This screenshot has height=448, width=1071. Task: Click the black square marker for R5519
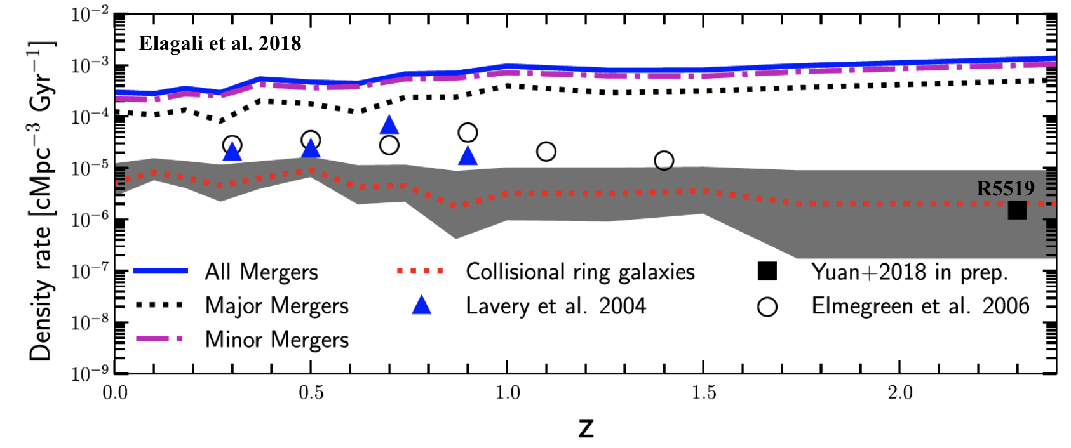coord(1016,210)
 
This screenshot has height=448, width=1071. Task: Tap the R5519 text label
coord(1005,188)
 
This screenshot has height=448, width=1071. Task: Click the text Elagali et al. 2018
coord(220,43)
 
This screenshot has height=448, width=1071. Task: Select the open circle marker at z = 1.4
coord(664,161)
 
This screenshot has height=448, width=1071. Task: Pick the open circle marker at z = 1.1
coord(546,152)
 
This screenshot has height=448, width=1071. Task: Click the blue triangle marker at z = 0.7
coord(389,125)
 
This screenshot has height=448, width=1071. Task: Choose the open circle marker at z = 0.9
coord(468,133)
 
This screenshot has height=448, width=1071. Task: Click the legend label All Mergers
coord(261,272)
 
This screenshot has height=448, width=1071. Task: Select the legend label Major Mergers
coord(276,305)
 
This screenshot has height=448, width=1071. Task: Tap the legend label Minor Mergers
coord(276,339)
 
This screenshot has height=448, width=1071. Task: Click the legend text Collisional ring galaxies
coord(580,272)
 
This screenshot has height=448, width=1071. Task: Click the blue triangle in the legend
coord(421,306)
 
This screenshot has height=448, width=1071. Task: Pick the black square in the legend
coord(767,272)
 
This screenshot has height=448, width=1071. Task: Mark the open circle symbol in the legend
coord(767,307)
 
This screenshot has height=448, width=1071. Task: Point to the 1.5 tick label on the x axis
coord(703,393)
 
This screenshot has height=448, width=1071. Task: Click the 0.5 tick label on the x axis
coord(311,393)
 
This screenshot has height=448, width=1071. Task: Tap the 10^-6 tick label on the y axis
coord(90,219)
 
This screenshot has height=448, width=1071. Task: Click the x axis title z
coord(586,428)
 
